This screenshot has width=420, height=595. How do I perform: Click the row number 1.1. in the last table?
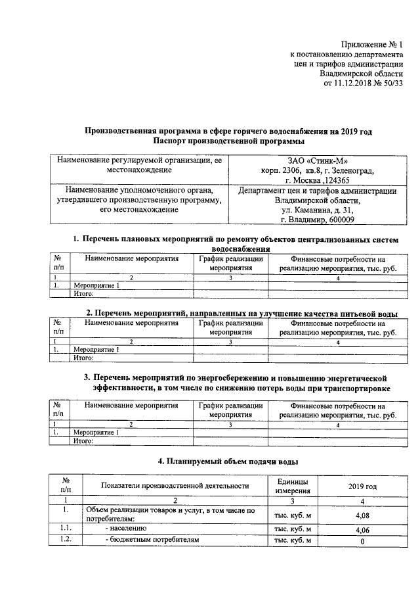point(65,529)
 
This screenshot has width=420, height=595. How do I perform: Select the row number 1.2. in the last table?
point(65,540)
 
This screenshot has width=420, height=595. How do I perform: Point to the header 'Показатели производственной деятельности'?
point(175,486)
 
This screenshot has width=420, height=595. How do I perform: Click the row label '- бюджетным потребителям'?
point(152,540)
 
